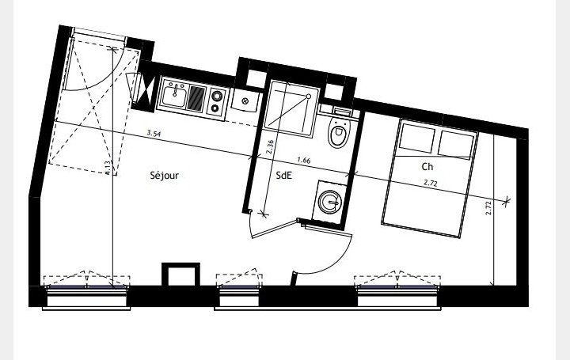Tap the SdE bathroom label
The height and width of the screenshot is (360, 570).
coord(283,176)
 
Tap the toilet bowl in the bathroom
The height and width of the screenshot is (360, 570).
coord(339,134)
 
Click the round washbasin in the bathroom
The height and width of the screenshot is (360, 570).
coord(329,203)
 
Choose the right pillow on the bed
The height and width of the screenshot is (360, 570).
coord(454,143)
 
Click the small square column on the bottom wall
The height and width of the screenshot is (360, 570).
coord(179,275)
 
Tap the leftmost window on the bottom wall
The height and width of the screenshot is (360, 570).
coord(86,295)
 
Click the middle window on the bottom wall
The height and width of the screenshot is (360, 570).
coord(239,295)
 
